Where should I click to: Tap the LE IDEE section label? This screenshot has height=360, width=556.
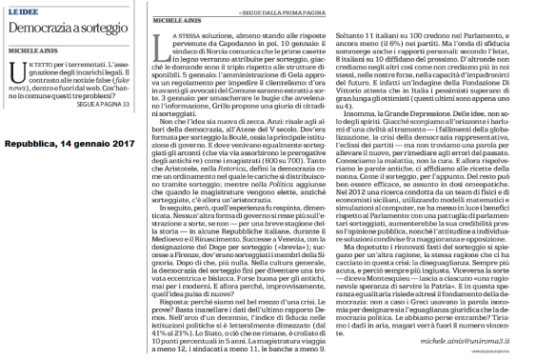26,8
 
